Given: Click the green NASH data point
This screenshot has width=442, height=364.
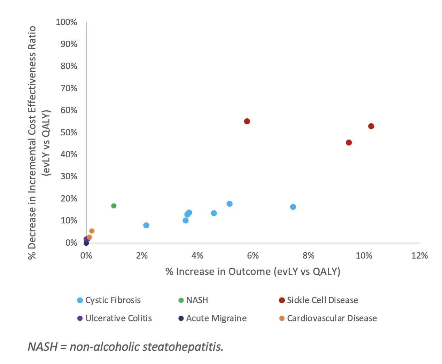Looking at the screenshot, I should pyautogui.click(x=114, y=206).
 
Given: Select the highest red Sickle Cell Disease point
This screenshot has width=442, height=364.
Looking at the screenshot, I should pyautogui.click(x=247, y=121).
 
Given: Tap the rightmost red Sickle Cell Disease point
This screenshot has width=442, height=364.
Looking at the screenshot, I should pyautogui.click(x=371, y=126).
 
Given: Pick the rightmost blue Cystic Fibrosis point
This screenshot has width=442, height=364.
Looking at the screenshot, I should pyautogui.click(x=293, y=207).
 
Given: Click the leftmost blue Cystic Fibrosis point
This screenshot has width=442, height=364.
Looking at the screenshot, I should pyautogui.click(x=146, y=225).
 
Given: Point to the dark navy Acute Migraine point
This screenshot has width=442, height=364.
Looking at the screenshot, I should pyautogui.click(x=86, y=243).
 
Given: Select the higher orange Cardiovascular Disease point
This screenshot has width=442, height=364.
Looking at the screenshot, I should pyautogui.click(x=92, y=231).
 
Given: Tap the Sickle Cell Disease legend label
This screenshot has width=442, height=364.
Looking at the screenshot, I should pyautogui.click(x=322, y=300).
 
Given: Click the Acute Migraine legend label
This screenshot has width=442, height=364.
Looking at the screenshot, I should pyautogui.click(x=216, y=318).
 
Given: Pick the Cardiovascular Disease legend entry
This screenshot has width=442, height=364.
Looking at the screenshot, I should pyautogui.click(x=332, y=318).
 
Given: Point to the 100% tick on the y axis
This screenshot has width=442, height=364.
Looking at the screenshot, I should pyautogui.click(x=66, y=22).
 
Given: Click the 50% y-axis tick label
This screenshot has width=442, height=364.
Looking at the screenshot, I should pyautogui.click(x=69, y=133).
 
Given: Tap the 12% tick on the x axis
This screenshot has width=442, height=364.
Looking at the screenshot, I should pyautogui.click(x=419, y=256).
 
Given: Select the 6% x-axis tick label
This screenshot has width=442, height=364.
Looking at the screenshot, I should pyautogui.click(x=253, y=256).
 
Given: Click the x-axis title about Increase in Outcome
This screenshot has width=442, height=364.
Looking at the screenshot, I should pyautogui.click(x=253, y=272).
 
